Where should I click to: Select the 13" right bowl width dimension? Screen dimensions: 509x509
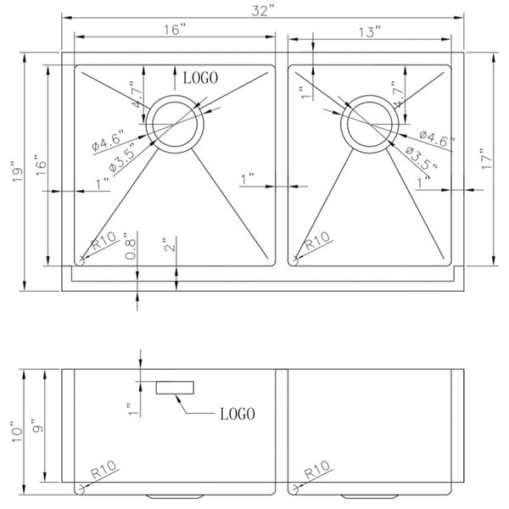369,31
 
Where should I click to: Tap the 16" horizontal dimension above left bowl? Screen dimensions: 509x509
176,30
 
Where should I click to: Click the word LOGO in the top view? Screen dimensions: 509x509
201,77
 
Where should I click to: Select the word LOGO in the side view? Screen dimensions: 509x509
238,415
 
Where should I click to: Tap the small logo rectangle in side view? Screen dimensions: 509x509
176,388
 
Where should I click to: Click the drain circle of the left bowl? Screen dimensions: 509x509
174,126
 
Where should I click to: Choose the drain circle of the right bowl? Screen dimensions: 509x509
368,126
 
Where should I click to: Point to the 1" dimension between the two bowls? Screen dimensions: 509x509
249,180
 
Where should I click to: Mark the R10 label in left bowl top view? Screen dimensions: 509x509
103,243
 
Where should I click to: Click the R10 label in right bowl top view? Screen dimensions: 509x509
316,243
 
